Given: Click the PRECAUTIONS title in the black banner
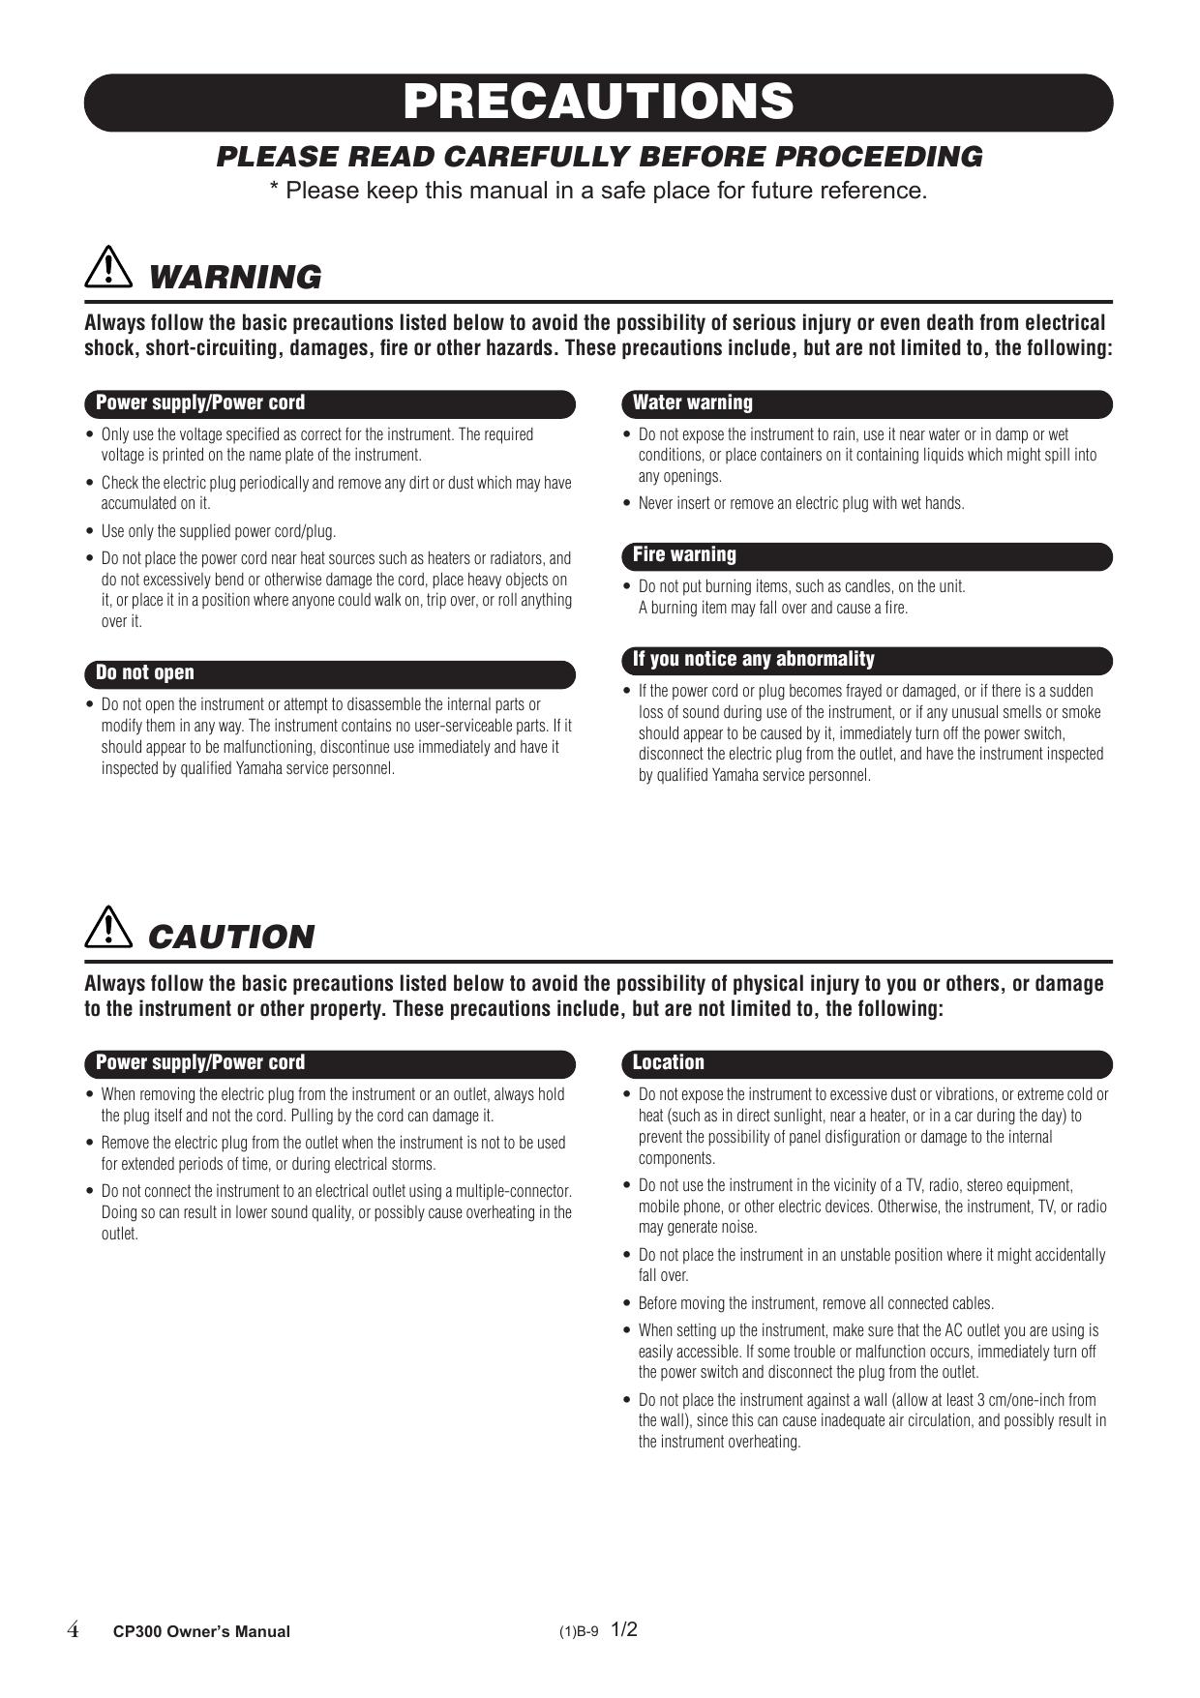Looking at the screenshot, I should coord(598,102).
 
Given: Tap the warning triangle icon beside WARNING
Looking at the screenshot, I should coord(108,266).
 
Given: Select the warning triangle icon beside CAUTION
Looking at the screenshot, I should coord(108,927).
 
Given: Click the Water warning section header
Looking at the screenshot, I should coord(692,403).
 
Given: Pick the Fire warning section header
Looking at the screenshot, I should coord(684,555).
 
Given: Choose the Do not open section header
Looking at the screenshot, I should coord(145,673).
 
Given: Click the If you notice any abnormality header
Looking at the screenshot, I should coord(753,660).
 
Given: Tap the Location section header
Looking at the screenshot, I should coord(668,1063).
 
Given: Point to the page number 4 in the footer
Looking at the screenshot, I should coord(73,1630).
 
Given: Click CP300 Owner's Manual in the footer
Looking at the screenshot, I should coord(201,1631).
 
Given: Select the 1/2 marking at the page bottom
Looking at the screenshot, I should coord(624,1629).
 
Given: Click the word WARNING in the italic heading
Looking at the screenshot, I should coord(235,278).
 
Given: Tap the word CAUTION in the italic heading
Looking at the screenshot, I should coord(231,938).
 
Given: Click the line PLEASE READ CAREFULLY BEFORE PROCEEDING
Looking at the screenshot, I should coord(599,157).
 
